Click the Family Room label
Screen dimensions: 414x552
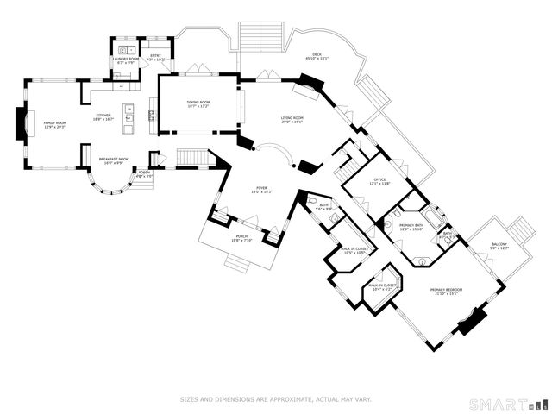(x=55, y=123)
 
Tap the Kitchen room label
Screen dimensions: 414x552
(x=103, y=115)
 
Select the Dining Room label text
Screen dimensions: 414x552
(x=199, y=103)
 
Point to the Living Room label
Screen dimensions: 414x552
(x=292, y=117)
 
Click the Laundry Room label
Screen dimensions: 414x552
(x=126, y=59)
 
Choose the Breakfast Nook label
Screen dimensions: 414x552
(x=114, y=160)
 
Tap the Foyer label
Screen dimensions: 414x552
(x=262, y=188)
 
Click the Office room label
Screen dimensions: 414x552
(x=379, y=179)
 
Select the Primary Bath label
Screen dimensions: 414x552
(x=411, y=225)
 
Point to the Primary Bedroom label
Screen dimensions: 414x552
(x=447, y=289)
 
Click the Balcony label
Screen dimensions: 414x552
(x=499, y=245)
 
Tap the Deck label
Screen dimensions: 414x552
(x=317, y=57)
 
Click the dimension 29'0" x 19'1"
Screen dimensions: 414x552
(x=292, y=122)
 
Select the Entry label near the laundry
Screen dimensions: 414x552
(x=156, y=56)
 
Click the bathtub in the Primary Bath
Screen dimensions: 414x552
(x=431, y=217)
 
